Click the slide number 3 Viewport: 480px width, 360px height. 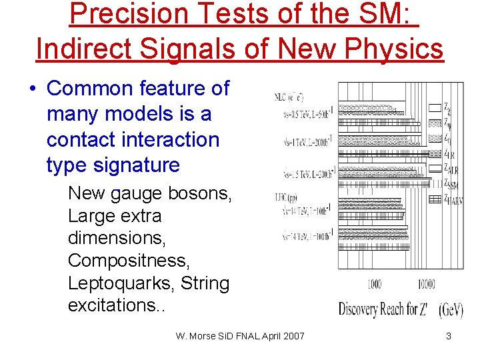449,336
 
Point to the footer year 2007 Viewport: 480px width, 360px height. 293,336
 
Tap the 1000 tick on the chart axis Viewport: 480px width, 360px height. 375,285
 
